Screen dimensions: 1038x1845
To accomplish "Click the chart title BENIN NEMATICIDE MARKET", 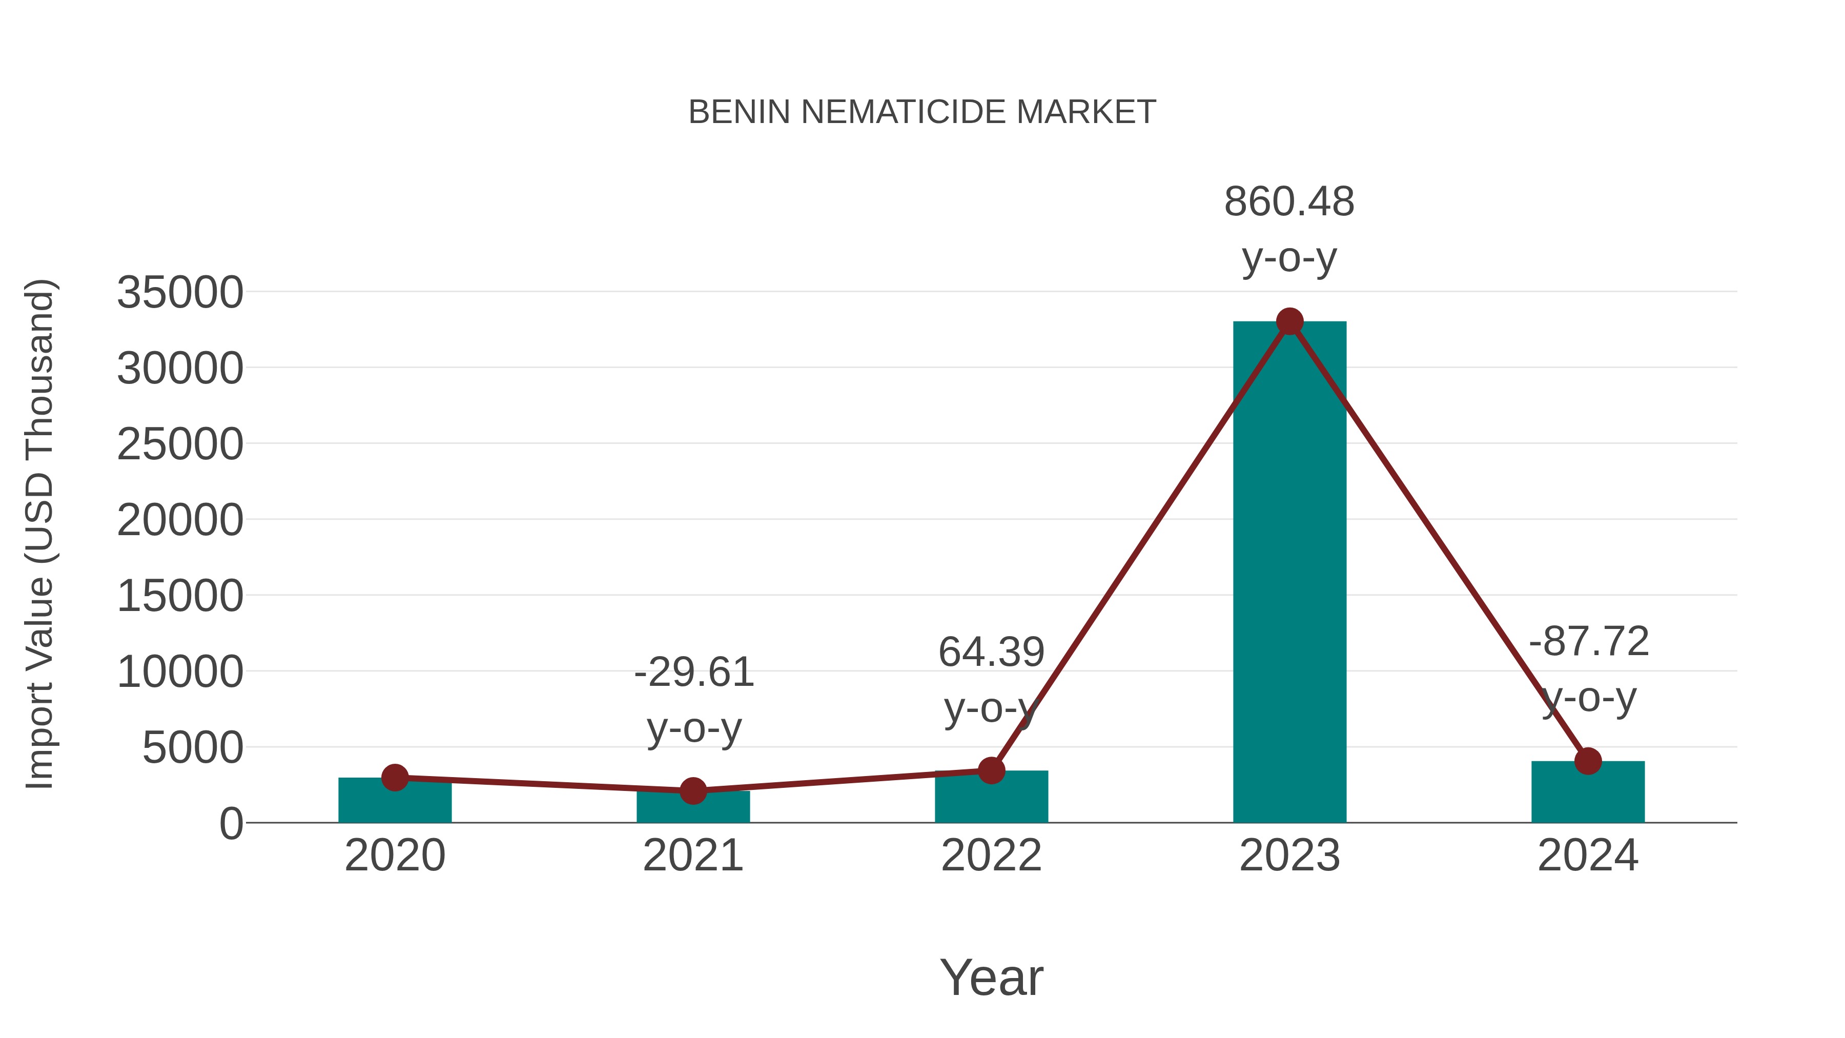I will [922, 112].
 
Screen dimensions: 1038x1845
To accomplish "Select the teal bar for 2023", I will [1289, 573].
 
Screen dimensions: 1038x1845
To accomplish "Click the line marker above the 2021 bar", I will [692, 791].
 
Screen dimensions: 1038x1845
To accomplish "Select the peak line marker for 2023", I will [1289, 321].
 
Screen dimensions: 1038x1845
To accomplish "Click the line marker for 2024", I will [1588, 761].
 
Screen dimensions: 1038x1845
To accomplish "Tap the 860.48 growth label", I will [1289, 202].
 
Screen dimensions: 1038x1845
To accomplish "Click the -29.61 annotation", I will [694, 673].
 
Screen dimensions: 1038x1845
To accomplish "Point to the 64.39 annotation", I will [991, 653].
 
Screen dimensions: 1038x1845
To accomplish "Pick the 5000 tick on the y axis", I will [193, 748].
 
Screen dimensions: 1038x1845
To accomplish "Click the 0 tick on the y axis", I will [231, 824].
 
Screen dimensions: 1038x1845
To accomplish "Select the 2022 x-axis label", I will [991, 856].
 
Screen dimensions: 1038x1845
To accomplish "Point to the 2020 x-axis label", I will [395, 856].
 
